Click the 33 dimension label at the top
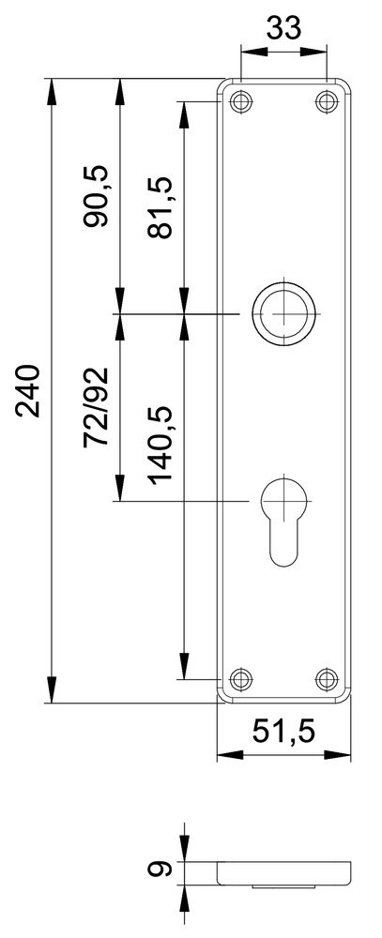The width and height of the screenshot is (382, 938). tap(284, 29)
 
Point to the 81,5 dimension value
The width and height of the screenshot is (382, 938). tap(161, 208)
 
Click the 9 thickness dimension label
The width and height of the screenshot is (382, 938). tap(161, 870)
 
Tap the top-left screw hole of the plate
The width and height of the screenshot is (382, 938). tap(241, 101)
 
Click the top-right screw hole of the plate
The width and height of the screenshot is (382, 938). tap(327, 101)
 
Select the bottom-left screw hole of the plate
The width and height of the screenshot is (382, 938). tap(241, 677)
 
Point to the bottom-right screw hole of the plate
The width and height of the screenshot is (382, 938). tap(327, 677)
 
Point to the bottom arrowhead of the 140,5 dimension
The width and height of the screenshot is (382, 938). tap(184, 667)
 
